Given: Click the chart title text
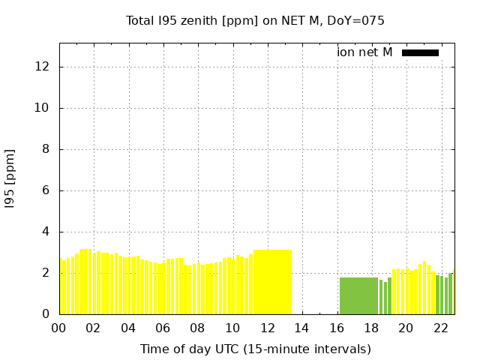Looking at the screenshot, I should pos(255,20).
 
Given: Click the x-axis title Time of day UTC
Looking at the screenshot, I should pos(255,349).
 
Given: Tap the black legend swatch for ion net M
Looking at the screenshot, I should pos(420,52).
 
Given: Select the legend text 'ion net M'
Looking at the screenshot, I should pos(364,52).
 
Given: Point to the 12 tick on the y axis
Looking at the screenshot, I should pos(43,67).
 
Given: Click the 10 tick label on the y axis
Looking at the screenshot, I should pos(43,108).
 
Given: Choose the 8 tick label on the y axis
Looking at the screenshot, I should pos(46,149).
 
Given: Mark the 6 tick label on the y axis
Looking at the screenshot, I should pos(46,190).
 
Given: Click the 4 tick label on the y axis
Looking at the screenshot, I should pos(46,232).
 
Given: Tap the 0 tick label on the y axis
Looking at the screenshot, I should pos(46,314).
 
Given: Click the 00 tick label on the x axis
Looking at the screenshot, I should pos(58,328).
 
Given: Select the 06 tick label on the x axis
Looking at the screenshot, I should pos(163,328).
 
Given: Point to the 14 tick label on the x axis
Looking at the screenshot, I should pos(301,328).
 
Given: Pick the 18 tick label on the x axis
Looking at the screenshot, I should pos(370,328).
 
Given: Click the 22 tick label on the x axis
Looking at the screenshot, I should pos(440,328).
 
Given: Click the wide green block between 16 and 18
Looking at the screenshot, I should pos(358,295).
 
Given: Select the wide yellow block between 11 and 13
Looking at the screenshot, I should pos(272,282).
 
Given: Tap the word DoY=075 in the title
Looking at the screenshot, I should pos(359,20).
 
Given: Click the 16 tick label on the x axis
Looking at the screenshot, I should pos(336,328).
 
